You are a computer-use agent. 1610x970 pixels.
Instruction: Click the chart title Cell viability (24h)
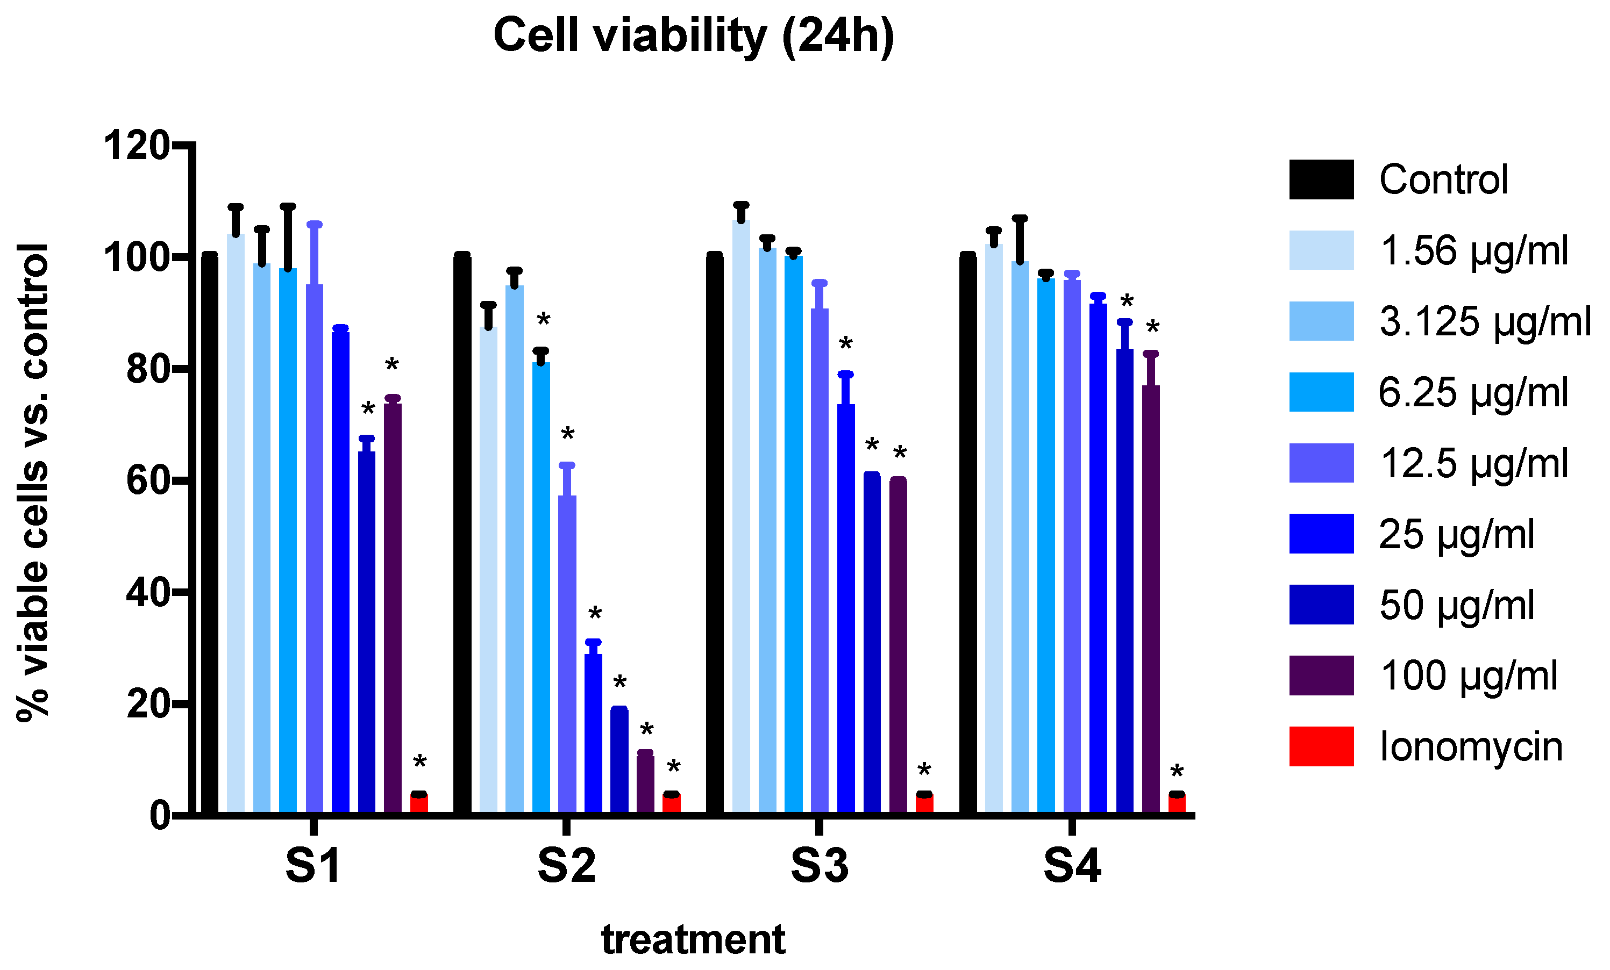[x=693, y=36]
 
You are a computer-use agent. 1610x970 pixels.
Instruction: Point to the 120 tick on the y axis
[x=137, y=145]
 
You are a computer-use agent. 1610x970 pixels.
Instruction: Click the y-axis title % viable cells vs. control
[x=33, y=482]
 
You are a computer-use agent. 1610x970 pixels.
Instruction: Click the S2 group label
[x=566, y=867]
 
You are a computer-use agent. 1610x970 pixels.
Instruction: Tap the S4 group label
[x=1072, y=867]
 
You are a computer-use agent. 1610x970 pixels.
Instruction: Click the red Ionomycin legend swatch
[x=1321, y=746]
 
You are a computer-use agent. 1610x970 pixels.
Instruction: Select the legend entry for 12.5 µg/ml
[x=1473, y=463]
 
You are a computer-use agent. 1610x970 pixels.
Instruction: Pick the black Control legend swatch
[x=1321, y=179]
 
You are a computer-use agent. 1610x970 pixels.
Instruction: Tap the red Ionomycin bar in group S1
[x=419, y=803]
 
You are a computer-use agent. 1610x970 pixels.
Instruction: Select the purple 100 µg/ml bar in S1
[x=393, y=607]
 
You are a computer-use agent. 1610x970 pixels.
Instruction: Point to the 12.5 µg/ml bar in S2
[x=567, y=653]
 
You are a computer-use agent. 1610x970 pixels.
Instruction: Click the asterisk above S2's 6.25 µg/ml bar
[x=544, y=321]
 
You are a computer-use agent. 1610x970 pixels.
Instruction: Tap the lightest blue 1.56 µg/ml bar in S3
[x=741, y=516]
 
